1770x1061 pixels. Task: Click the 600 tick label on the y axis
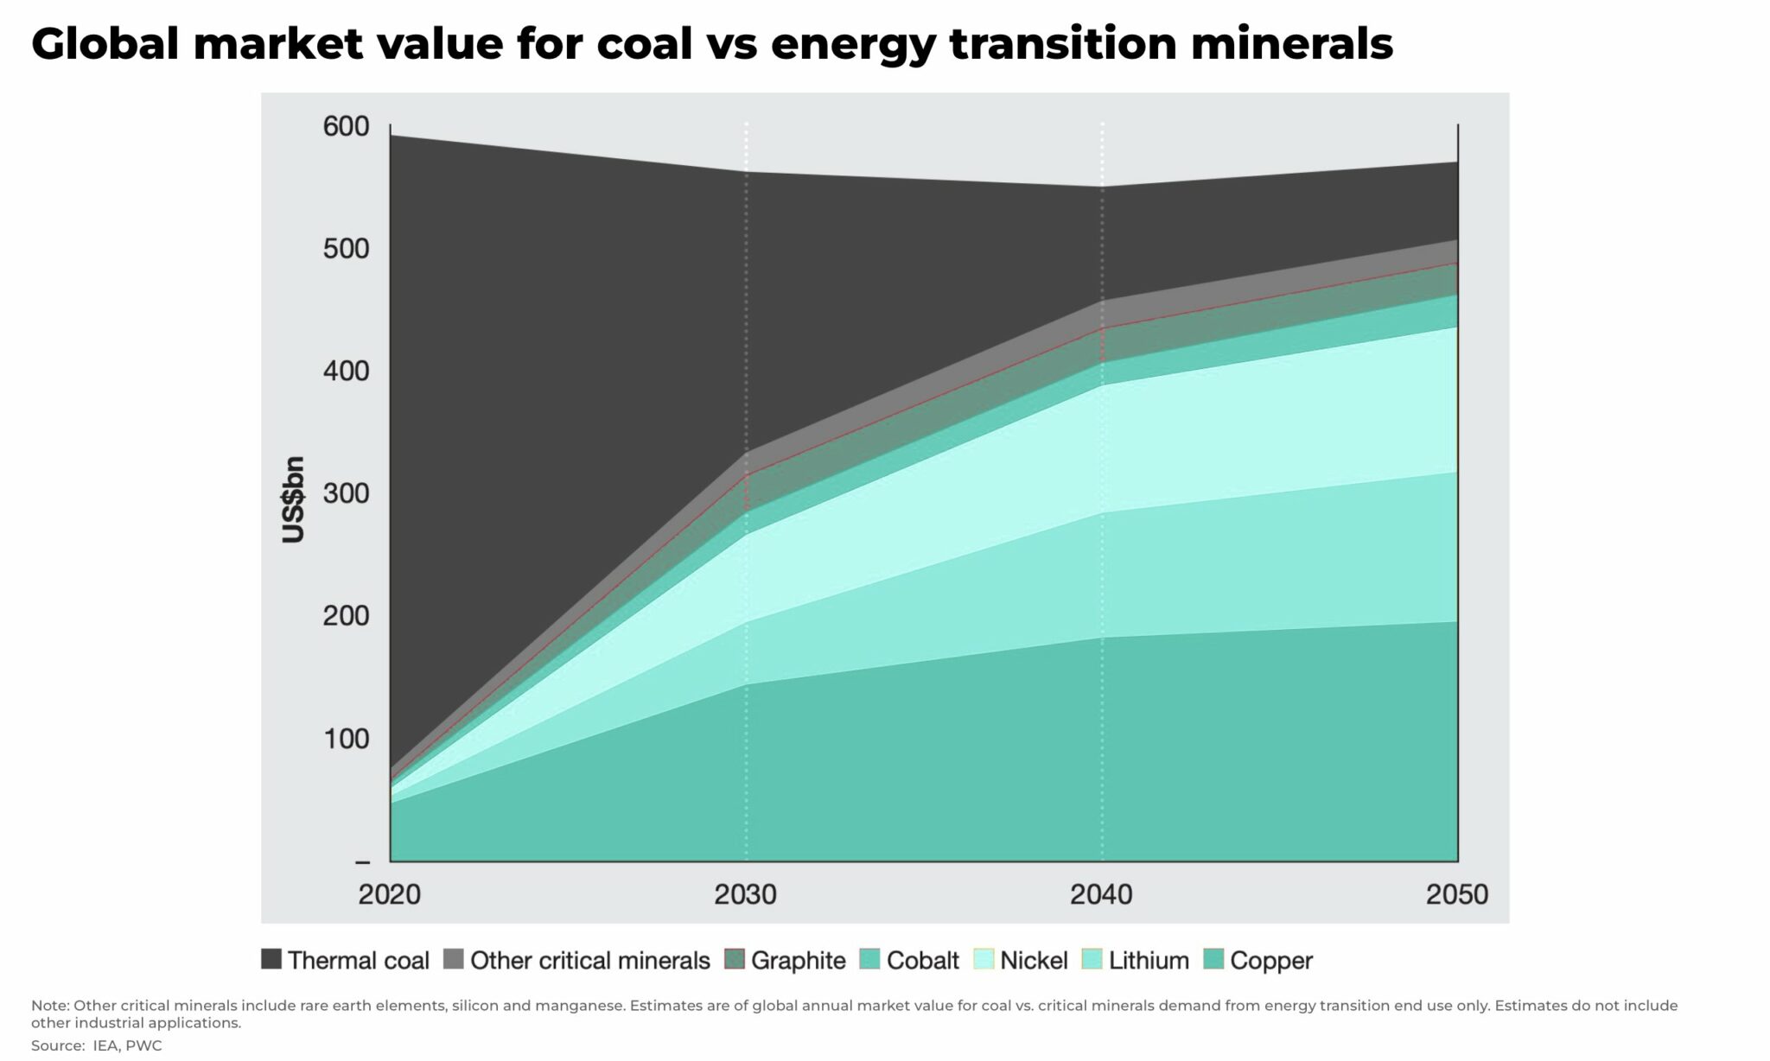click(x=346, y=127)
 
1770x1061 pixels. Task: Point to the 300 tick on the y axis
click(x=346, y=494)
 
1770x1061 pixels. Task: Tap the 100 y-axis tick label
click(x=346, y=740)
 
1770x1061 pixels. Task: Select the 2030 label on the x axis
click(x=745, y=894)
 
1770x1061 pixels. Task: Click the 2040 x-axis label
click(x=1101, y=894)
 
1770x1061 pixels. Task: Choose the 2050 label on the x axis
click(x=1457, y=894)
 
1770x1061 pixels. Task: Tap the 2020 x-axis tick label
click(x=390, y=894)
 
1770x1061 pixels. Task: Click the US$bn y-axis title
click(x=294, y=499)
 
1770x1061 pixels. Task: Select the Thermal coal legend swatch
click(x=271, y=959)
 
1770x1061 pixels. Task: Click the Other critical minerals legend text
click(x=589, y=961)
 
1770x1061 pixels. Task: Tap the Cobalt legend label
click(x=922, y=961)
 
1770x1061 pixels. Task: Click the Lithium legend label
click(x=1149, y=961)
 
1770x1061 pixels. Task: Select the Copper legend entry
click(x=1270, y=961)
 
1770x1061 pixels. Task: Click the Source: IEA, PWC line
click(x=96, y=1045)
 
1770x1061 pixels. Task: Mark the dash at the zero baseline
click(x=362, y=862)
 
